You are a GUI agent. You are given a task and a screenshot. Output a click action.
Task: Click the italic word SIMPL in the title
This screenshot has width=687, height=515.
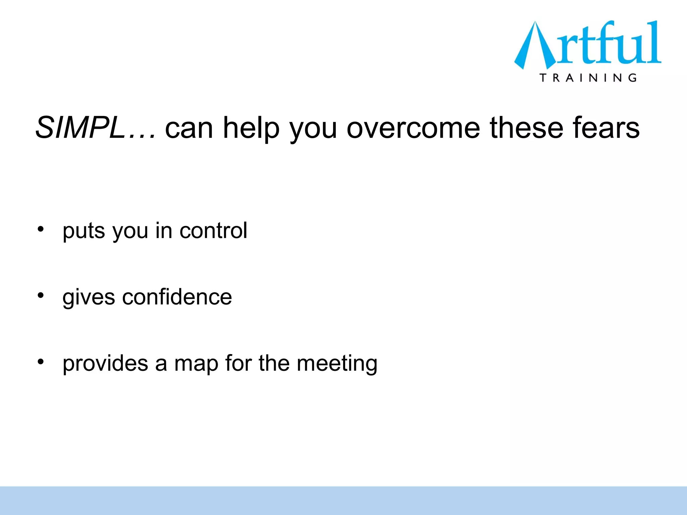80,128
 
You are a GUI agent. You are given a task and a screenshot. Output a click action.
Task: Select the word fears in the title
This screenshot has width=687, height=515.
606,128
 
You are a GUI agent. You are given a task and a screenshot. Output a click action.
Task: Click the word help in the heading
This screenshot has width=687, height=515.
251,128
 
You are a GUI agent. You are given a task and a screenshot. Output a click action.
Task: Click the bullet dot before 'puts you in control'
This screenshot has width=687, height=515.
41,229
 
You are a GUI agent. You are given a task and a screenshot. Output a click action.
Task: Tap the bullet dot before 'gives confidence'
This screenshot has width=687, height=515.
41,295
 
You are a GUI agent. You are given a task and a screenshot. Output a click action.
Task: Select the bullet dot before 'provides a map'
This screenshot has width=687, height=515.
41,362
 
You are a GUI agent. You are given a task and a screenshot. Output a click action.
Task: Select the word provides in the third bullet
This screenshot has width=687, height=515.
105,363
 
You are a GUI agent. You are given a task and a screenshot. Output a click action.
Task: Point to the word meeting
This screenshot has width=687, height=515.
337,364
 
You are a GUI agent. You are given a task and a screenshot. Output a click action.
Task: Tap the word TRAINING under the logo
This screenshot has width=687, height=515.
588,78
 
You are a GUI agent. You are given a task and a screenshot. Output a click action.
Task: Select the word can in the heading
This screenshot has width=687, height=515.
189,128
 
